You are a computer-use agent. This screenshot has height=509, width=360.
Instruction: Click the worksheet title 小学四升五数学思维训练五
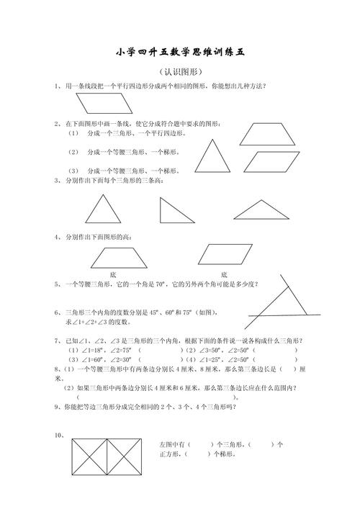click(180, 52)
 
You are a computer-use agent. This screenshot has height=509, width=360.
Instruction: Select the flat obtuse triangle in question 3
click(261, 210)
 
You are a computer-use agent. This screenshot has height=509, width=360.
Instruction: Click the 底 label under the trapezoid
click(113, 274)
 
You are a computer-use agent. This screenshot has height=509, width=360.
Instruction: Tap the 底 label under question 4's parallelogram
click(224, 274)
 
